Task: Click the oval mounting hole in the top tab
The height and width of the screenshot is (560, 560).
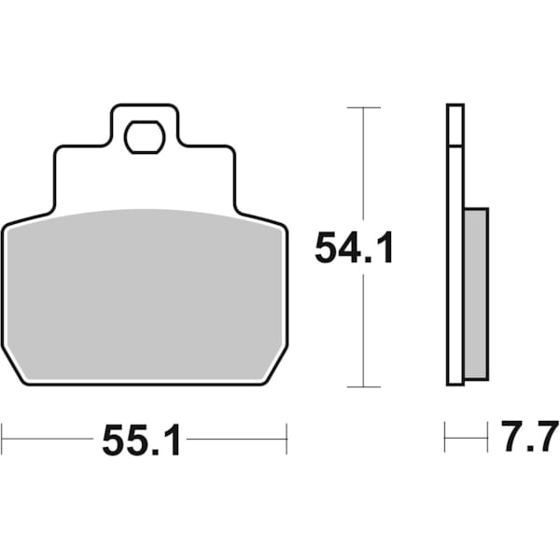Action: pos(144,136)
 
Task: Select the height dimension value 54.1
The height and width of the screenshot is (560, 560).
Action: pos(355,248)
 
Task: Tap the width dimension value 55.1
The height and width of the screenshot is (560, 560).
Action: pos(142,440)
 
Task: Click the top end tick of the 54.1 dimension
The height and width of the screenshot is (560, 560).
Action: pos(363,108)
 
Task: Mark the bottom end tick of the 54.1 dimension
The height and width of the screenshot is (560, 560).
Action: pos(363,386)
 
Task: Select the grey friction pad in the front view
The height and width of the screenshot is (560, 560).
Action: pos(145,294)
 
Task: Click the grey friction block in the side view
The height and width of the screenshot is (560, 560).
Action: pos(475,294)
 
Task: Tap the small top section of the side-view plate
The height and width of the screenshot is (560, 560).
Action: pos(455,125)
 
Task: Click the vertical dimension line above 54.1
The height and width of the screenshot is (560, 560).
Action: pos(363,168)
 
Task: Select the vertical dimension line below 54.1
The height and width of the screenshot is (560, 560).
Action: pos(363,327)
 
